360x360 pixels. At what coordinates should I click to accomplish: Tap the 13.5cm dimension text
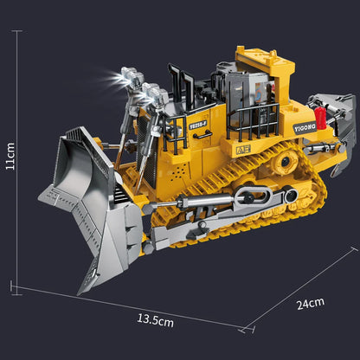(155, 319)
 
